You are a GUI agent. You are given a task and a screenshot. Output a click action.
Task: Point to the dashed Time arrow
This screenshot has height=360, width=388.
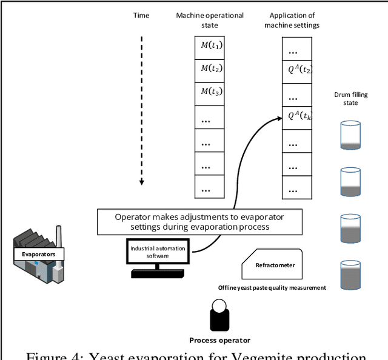141,109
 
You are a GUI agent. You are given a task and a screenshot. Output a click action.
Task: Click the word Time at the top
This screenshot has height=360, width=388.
141,16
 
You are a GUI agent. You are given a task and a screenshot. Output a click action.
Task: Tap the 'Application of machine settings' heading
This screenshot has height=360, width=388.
298,20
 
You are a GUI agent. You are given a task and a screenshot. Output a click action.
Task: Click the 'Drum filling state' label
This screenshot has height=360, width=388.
350,98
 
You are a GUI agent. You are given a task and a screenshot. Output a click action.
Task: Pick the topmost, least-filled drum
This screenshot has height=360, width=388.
350,135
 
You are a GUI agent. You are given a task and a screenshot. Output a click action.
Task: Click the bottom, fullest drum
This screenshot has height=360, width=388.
350,273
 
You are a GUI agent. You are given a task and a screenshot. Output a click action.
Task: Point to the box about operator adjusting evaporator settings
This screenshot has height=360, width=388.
199,221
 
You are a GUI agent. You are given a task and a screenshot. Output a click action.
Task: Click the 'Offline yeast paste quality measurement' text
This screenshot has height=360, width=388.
272,287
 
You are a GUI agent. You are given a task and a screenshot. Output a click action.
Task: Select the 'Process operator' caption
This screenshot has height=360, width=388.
219,340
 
